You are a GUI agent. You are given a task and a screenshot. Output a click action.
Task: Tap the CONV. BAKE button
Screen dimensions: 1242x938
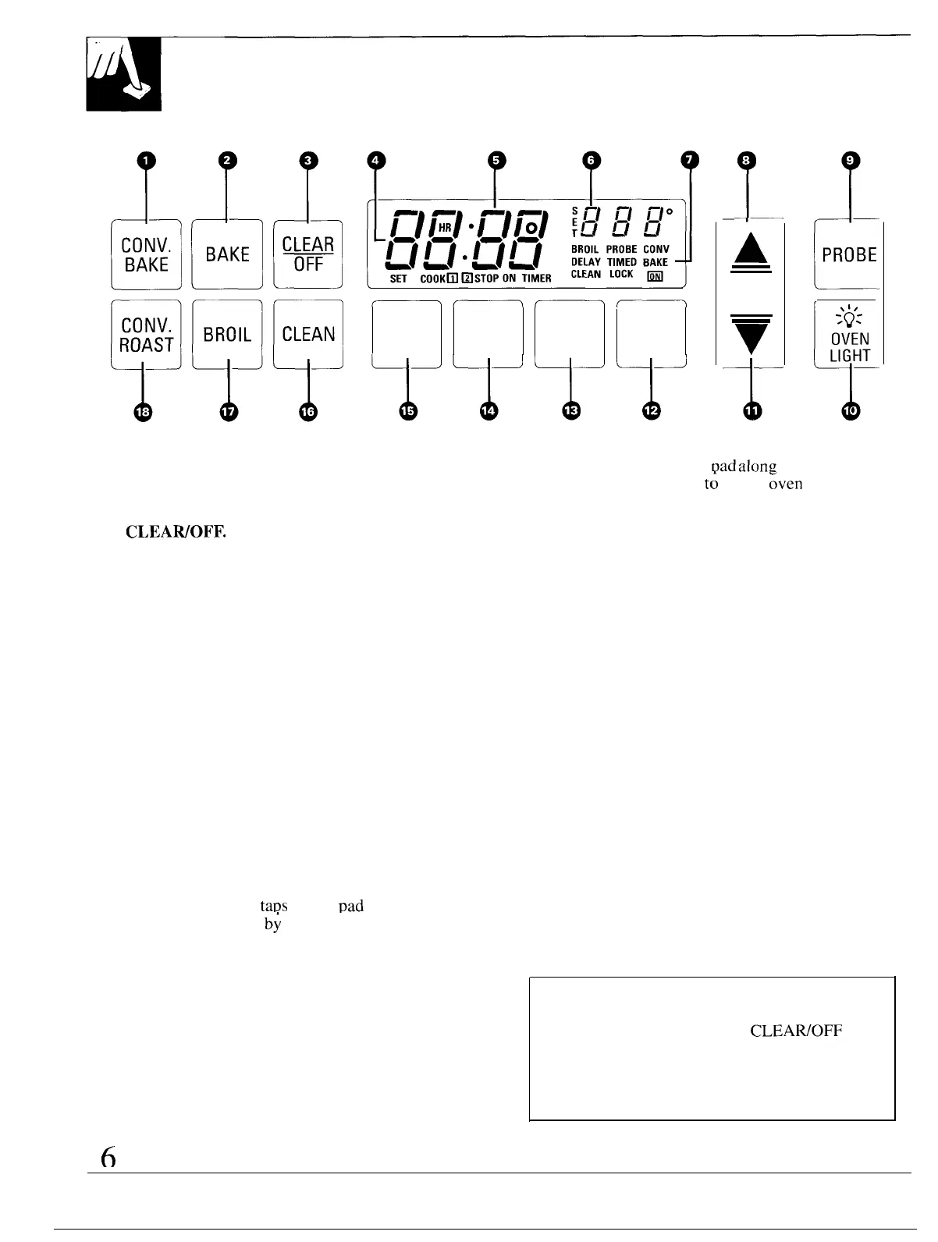tap(147, 255)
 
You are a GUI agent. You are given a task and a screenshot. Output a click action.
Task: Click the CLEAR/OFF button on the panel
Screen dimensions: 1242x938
tap(308, 255)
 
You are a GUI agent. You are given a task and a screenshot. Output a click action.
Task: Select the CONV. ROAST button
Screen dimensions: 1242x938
tap(147, 335)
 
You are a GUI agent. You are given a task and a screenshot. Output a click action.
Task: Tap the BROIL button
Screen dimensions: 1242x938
tap(227, 335)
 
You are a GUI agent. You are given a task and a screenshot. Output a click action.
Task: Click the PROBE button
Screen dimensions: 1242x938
tap(849, 255)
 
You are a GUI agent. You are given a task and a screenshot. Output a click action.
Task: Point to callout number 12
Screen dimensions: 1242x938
tap(651, 410)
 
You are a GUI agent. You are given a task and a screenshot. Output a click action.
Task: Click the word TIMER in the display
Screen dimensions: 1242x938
tap(537, 279)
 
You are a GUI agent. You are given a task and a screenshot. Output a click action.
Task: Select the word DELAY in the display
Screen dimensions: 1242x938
tap(585, 262)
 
